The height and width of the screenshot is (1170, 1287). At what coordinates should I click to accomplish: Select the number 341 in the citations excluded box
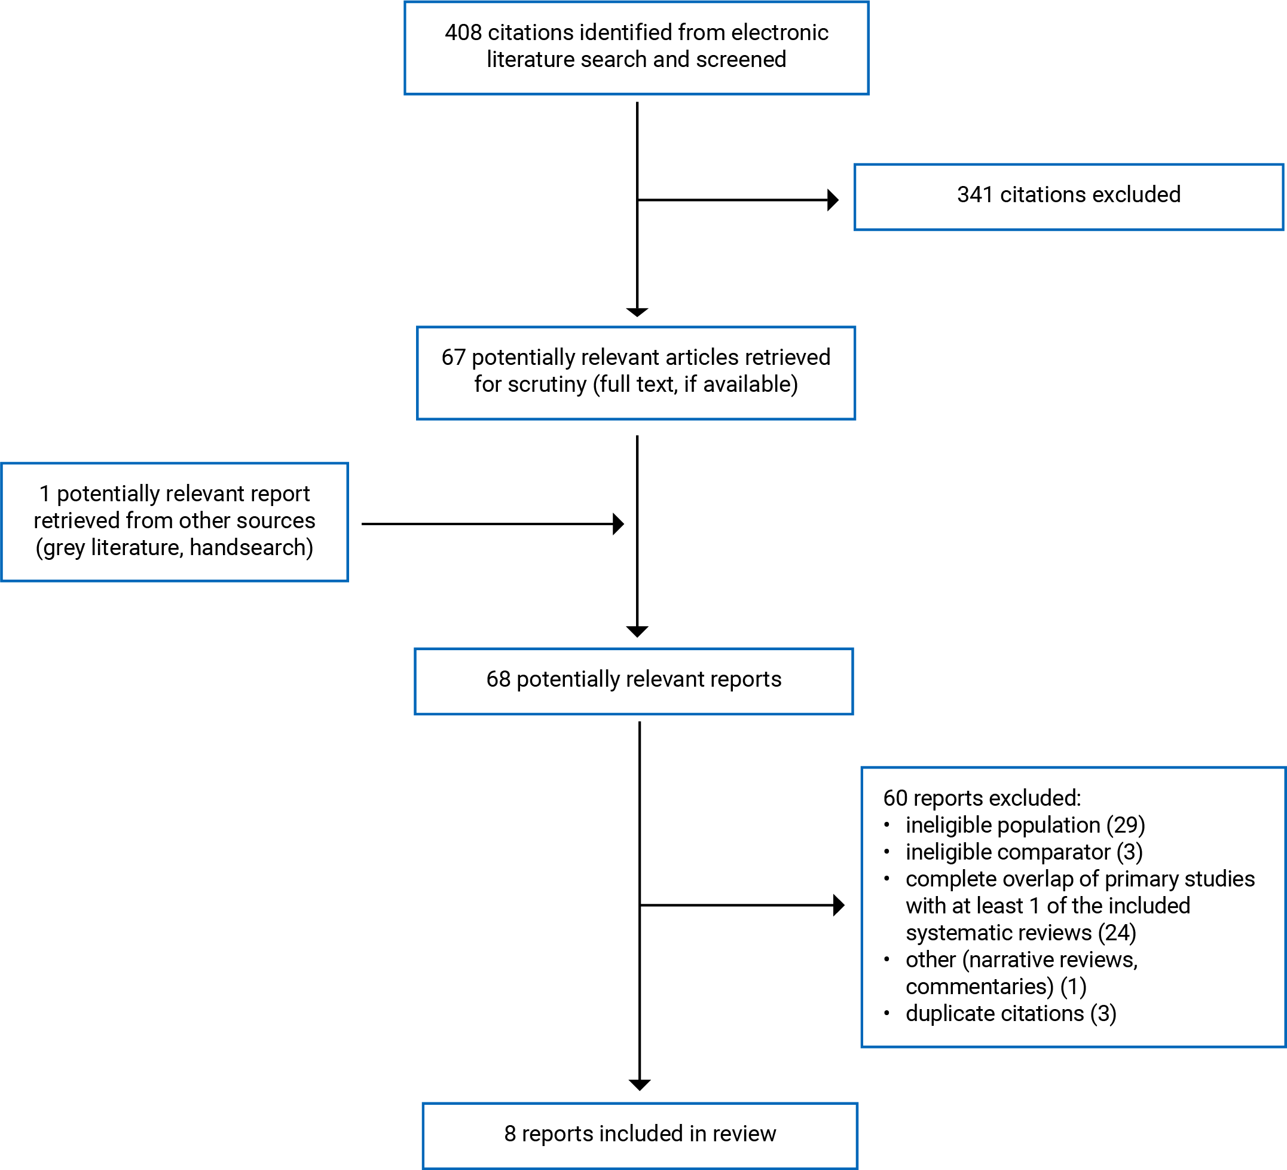(x=975, y=195)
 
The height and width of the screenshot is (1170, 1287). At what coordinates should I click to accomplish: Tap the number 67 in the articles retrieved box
(x=453, y=358)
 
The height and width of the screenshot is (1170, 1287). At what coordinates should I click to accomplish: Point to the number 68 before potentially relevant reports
(x=498, y=680)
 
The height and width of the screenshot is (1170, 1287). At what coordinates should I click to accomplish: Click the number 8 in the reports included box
(x=509, y=1134)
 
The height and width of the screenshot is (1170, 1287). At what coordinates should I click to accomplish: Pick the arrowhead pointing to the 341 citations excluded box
(x=833, y=200)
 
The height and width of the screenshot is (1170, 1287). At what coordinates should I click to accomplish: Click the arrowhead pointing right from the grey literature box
(x=619, y=524)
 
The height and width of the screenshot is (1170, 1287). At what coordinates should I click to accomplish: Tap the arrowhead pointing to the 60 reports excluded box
(x=839, y=905)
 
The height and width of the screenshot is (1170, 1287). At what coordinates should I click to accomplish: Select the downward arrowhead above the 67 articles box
(x=637, y=312)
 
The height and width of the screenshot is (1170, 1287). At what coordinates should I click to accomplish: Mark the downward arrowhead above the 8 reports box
(x=640, y=1085)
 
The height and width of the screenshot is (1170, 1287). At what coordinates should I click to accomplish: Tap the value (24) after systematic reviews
(x=1117, y=933)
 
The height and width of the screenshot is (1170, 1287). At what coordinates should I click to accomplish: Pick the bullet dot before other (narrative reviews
(x=886, y=959)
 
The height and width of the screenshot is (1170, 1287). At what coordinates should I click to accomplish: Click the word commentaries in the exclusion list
(x=980, y=987)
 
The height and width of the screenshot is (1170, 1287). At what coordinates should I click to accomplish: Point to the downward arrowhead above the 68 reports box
(x=637, y=632)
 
